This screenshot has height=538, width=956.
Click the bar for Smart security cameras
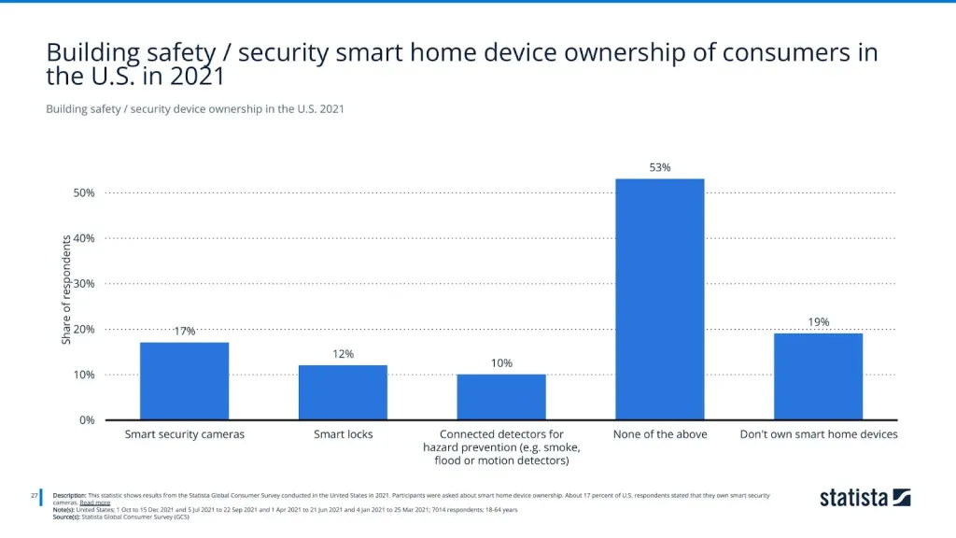click(x=184, y=381)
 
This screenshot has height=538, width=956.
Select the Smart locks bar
click(x=343, y=392)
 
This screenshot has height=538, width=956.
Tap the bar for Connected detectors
click(x=501, y=397)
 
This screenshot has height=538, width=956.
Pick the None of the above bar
click(x=660, y=299)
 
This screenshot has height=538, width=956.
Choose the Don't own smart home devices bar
click(x=818, y=376)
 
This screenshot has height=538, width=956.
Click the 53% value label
click(x=660, y=168)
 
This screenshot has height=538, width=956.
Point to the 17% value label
click(x=184, y=332)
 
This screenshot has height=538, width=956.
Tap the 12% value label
click(x=343, y=354)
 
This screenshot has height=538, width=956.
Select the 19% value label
click(x=818, y=322)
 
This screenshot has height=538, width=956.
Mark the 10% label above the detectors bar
click(x=501, y=363)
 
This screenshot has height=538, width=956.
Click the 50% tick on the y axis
click(x=84, y=193)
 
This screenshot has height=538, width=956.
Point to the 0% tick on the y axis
click(x=87, y=420)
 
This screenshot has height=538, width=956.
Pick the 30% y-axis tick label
click(x=84, y=284)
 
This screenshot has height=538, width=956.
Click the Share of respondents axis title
click(x=66, y=290)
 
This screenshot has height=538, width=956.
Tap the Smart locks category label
click(x=343, y=434)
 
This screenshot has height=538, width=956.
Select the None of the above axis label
click(x=660, y=434)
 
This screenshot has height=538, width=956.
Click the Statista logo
click(x=865, y=498)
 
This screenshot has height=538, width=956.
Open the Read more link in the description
click(x=95, y=503)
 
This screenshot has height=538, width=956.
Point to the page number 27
click(x=34, y=495)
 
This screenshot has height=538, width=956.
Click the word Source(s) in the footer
click(x=66, y=516)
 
